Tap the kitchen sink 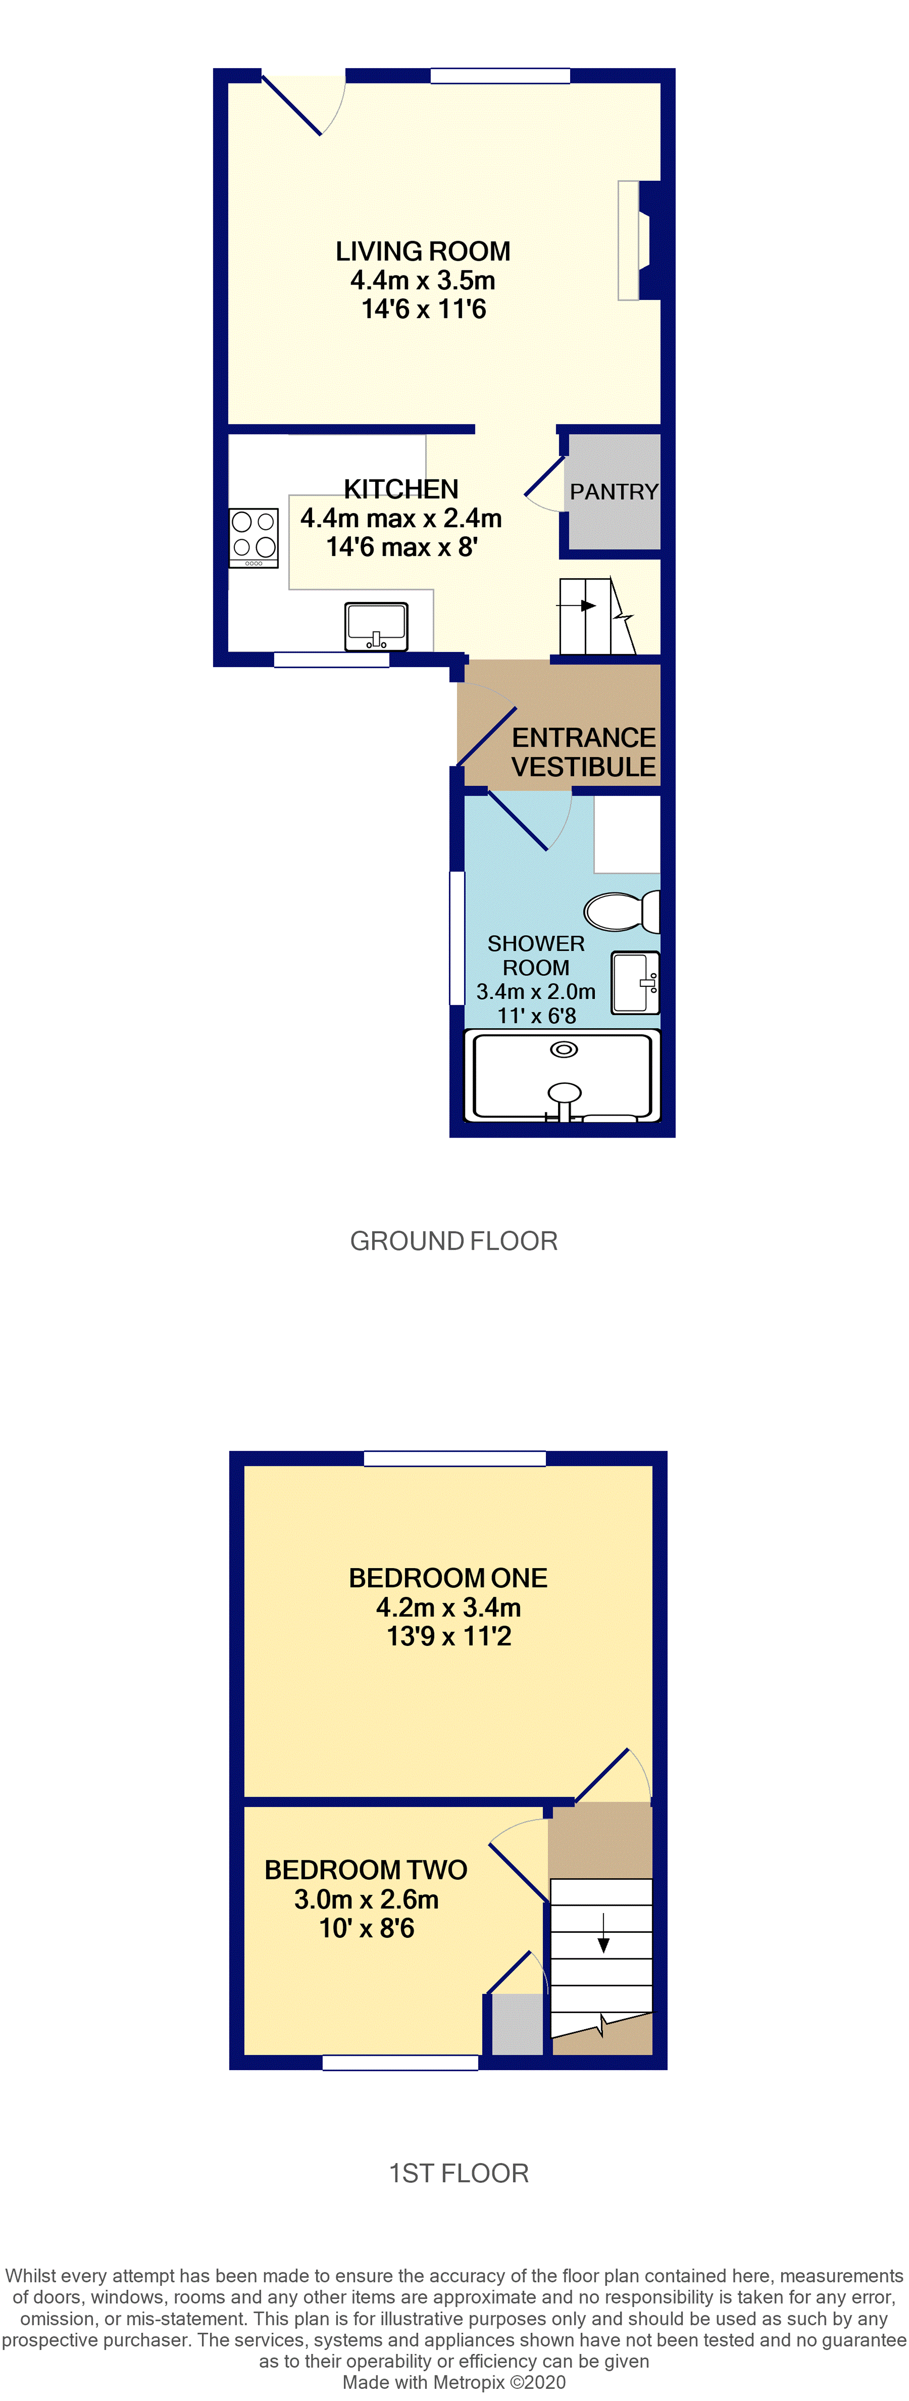coord(376,625)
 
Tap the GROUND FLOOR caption coord(454,1240)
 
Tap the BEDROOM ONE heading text coord(448,1578)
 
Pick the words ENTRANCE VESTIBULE coord(584,752)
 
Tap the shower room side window coord(457,938)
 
